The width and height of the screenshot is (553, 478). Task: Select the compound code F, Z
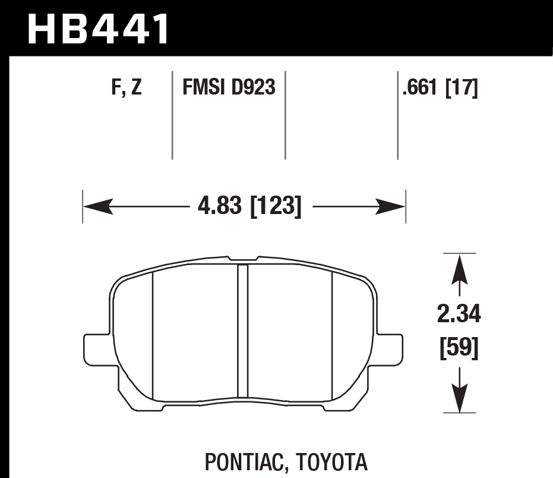(x=126, y=89)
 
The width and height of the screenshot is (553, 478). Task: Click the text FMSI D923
(x=229, y=89)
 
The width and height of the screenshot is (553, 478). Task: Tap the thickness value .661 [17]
(x=440, y=89)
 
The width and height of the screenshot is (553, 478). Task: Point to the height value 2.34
(x=459, y=315)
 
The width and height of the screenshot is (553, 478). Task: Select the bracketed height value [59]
(x=459, y=348)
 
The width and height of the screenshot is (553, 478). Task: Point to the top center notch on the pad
(x=242, y=259)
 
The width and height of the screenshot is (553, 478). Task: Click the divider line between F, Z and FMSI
(x=172, y=116)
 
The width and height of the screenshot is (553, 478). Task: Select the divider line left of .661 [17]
(x=397, y=116)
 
